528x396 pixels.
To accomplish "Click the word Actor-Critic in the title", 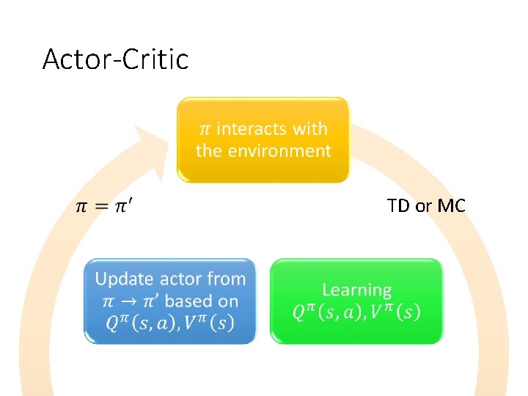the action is click(115, 59).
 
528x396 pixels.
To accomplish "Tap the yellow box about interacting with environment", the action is click(263, 139).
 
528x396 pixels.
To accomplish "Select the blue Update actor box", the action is click(170, 301).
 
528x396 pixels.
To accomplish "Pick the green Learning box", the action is click(356, 301).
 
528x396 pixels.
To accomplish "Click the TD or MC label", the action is click(426, 206).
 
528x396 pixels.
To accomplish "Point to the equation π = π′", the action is click(104, 206).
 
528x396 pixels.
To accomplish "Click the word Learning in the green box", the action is click(356, 290).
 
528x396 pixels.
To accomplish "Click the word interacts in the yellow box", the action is click(251, 129).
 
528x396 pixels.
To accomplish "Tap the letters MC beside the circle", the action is click(451, 206).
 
